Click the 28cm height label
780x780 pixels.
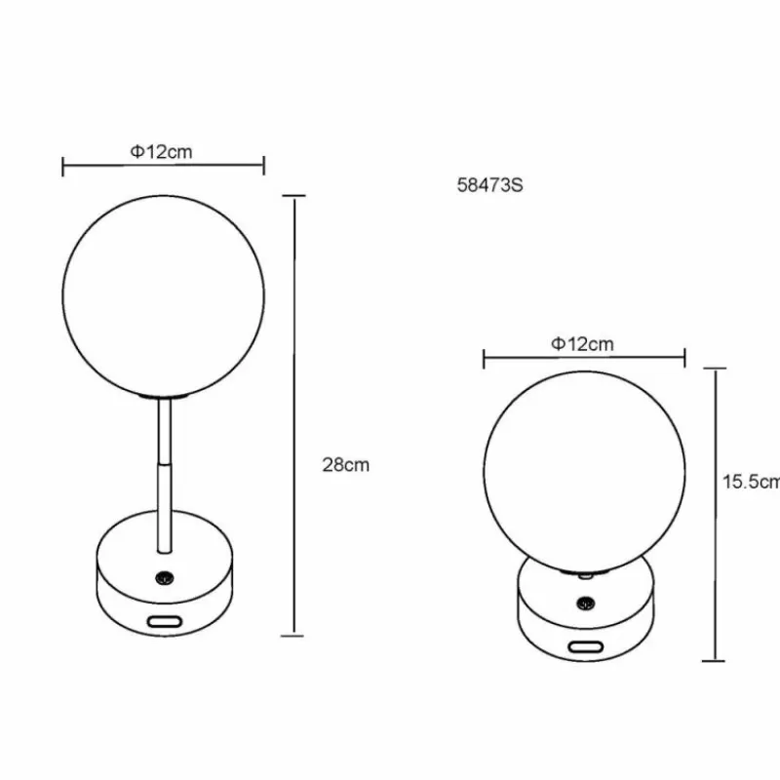pos(345,465)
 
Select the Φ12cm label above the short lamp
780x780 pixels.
pos(582,342)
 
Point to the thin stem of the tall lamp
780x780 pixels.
pos(164,468)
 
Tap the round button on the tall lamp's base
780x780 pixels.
pos(164,577)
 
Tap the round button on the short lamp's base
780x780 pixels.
pos(584,605)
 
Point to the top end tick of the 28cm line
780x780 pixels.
pos(294,196)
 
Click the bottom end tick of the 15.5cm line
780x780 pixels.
pos(717,662)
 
